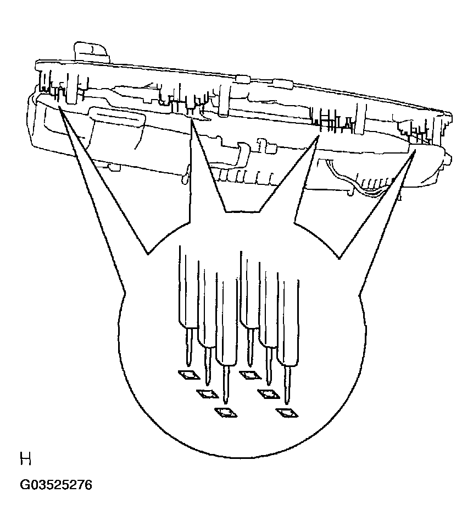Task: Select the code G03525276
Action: (x=56, y=485)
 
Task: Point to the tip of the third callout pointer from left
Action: (x=318, y=137)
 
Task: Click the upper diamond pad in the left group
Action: (x=189, y=375)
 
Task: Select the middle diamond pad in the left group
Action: (x=207, y=393)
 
